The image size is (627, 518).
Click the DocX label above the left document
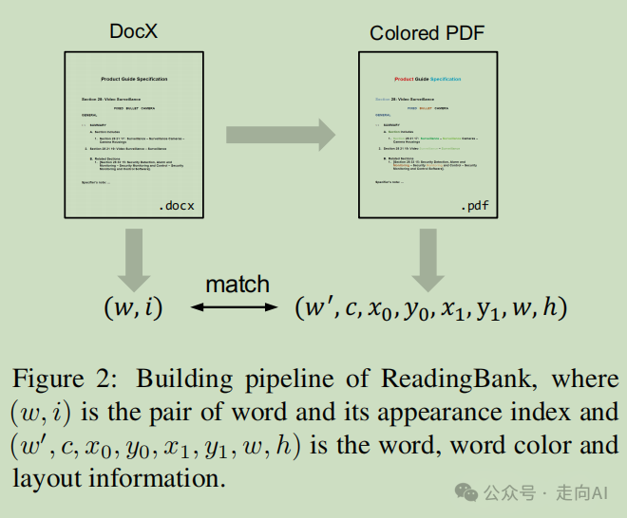[134, 32]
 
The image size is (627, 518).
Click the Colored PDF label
[427, 34]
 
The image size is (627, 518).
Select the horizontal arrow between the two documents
[280, 135]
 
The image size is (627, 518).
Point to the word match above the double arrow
[237, 284]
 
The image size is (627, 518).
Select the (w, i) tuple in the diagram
[134, 307]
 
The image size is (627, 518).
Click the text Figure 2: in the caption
[63, 379]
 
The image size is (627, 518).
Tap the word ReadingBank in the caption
[484, 379]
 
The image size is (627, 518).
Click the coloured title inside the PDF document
[427, 79]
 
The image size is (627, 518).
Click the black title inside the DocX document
[134, 79]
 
